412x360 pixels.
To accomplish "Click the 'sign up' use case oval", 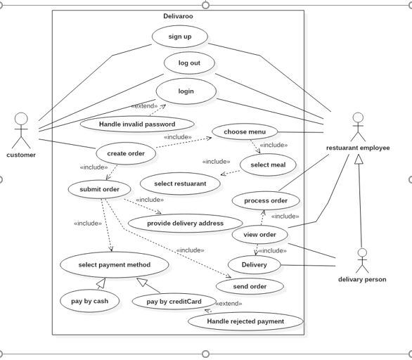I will tap(180, 37).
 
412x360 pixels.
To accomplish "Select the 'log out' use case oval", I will tap(189, 63).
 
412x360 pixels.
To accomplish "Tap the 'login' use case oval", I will tap(186, 91).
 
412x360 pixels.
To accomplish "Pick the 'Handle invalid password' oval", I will tap(137, 124).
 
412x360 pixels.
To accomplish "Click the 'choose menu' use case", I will tap(245, 131).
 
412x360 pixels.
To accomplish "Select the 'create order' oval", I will tap(126, 153).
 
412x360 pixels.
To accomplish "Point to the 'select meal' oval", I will tap(268, 165).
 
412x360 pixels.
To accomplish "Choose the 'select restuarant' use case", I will tap(180, 184).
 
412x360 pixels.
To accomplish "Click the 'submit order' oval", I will tap(99, 189).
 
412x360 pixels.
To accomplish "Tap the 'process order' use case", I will tap(266, 200).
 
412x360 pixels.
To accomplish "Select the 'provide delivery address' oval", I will tap(185, 224).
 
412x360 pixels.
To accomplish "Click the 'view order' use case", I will tap(259, 234).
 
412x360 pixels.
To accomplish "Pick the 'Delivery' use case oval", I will tap(254, 265).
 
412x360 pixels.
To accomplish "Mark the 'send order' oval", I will tap(250, 286).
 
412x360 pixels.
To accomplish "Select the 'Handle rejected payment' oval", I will tap(245, 321).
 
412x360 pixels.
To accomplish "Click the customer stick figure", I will tap(21, 129).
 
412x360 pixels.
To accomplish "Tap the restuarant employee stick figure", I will tap(358, 127).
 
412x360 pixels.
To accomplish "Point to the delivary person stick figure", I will tap(362, 260).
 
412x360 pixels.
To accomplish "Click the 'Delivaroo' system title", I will tap(178, 16).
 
